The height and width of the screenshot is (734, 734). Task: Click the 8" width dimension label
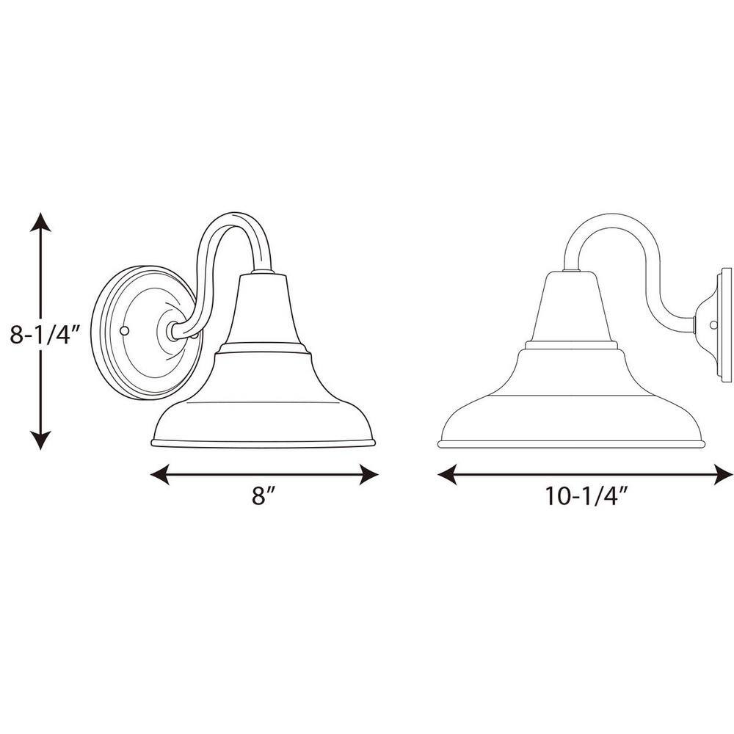264,495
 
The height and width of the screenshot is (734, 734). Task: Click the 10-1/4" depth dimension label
586,495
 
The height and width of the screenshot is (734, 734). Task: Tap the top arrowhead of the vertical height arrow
40,222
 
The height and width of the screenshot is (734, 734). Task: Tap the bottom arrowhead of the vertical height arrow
40,440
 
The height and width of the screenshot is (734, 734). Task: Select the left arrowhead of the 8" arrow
159,475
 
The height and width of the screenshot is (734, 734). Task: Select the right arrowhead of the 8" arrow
368,475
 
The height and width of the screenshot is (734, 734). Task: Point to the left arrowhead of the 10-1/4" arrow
447,475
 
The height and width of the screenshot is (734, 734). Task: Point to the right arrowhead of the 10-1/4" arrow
722,475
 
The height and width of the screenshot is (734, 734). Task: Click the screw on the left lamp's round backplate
124,331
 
